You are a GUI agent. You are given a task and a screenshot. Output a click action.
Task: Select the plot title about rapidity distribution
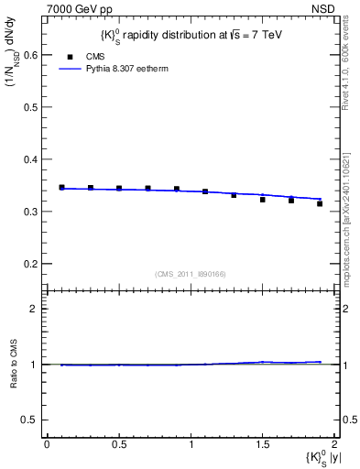tap(190, 36)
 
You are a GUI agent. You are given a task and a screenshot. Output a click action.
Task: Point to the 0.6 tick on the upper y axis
tap(31, 55)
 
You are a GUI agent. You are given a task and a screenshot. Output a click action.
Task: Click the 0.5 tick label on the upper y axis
tap(31, 107)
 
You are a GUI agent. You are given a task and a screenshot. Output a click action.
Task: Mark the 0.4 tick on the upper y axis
tap(31, 159)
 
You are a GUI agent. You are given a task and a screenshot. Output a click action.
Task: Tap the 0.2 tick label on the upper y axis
tap(31, 264)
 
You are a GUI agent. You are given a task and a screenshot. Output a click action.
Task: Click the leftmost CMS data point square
tap(61, 187)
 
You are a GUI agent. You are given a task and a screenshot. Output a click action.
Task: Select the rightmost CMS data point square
tap(320, 203)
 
